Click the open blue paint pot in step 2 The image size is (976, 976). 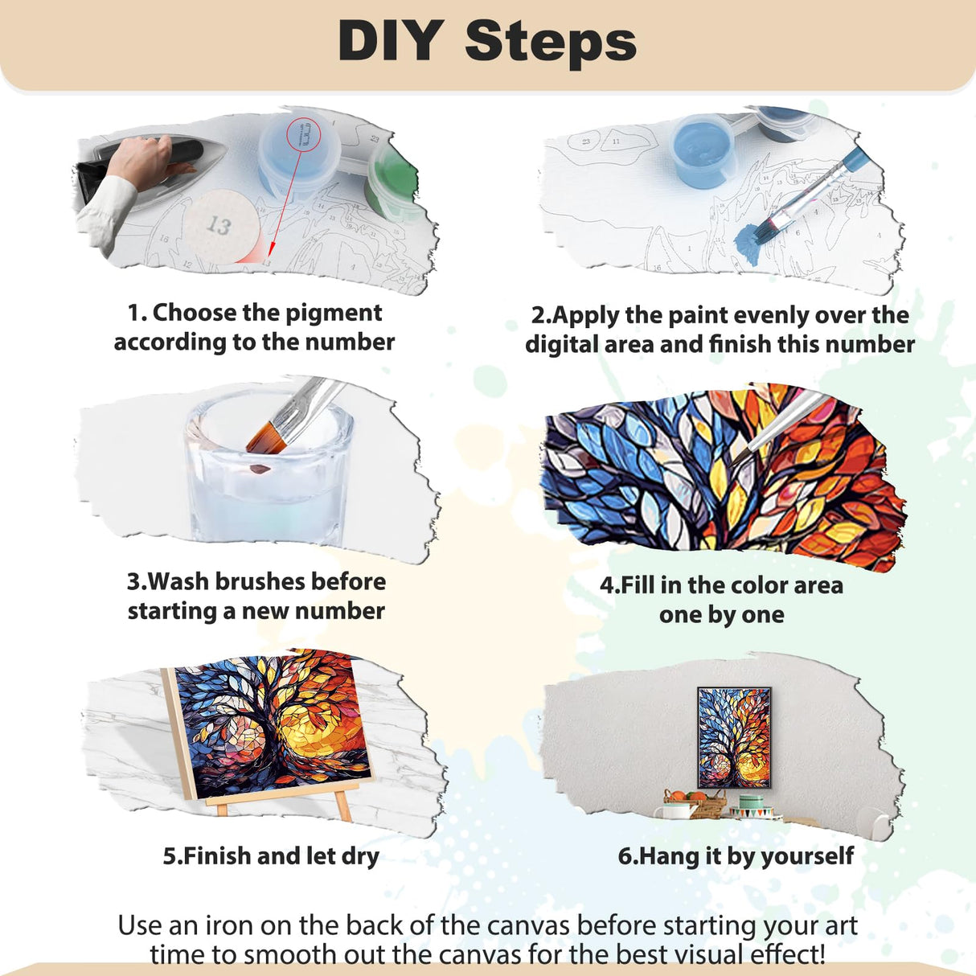pos(703,150)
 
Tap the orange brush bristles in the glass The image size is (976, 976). pos(264,437)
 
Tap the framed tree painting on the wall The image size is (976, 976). pos(733,737)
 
